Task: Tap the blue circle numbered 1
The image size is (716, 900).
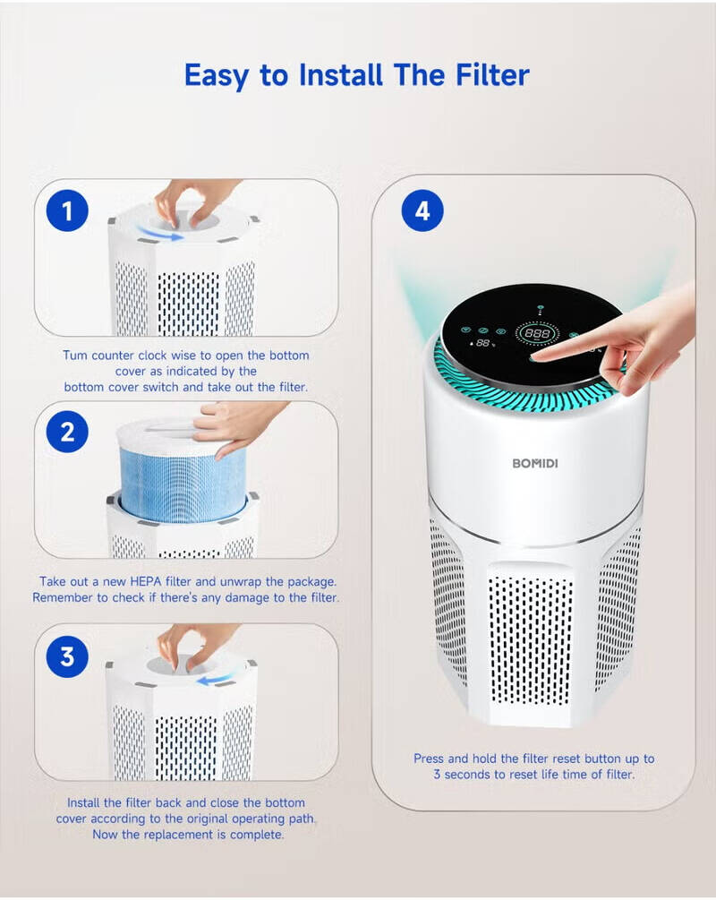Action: tap(67, 212)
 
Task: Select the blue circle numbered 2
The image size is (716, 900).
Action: tap(67, 433)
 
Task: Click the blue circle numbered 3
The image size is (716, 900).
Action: tap(67, 656)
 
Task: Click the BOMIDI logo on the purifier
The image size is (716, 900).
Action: tap(534, 463)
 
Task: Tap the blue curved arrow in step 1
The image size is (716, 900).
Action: tap(161, 235)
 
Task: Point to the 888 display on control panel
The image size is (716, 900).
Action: tap(538, 332)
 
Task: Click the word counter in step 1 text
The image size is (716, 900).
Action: tap(123, 356)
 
